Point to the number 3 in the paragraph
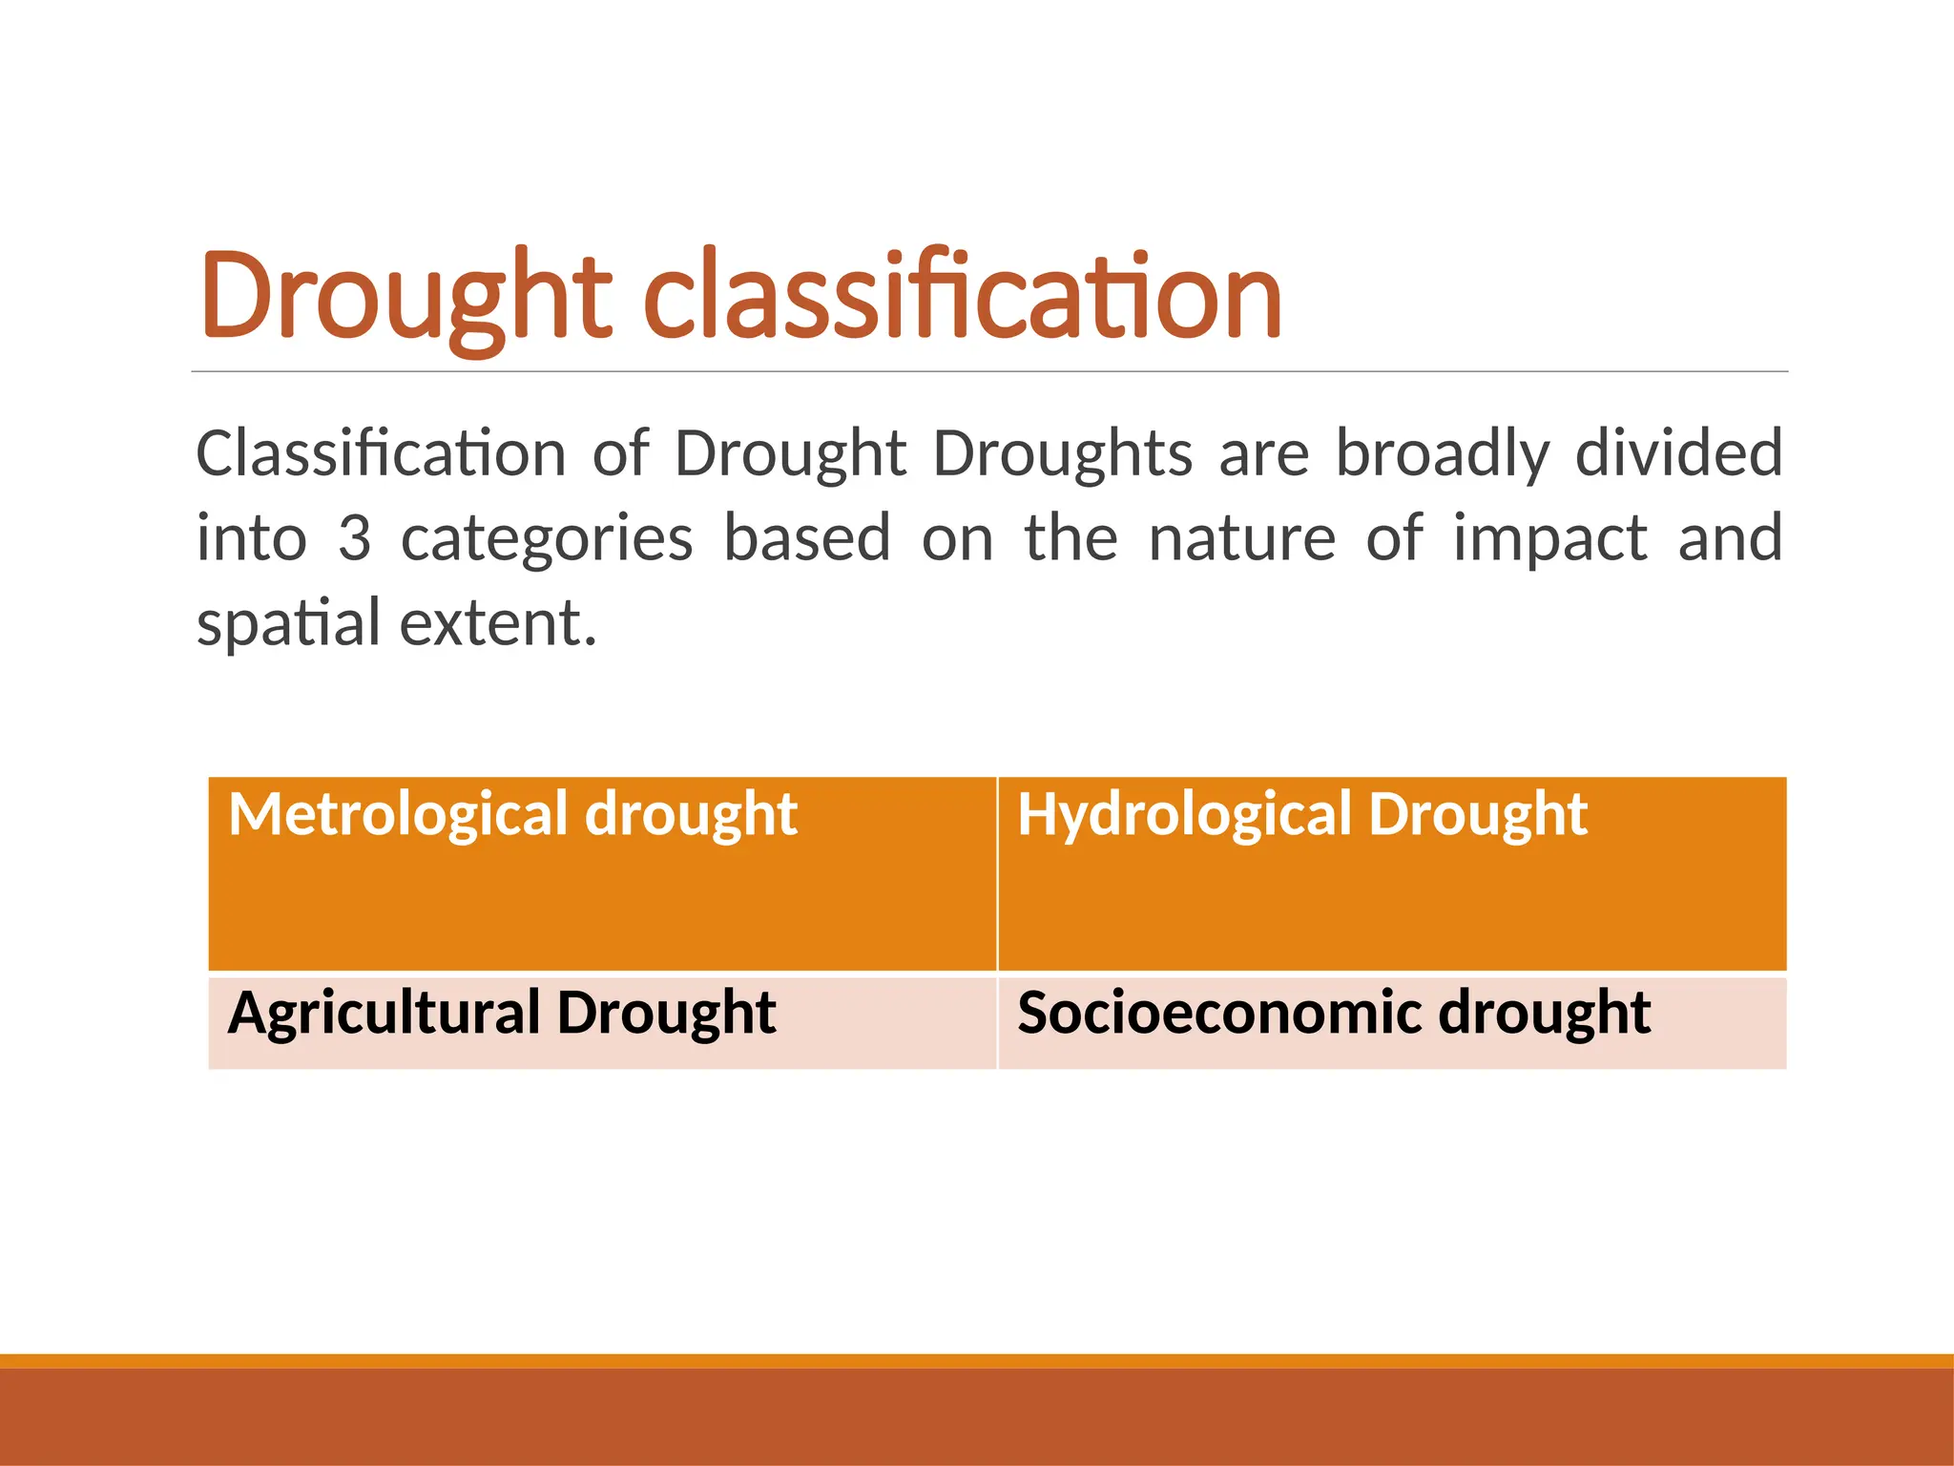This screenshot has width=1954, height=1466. [354, 537]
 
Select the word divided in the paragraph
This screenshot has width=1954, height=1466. [1678, 453]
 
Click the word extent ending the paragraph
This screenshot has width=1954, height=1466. [497, 623]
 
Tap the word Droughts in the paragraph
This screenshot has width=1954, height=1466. [1062, 453]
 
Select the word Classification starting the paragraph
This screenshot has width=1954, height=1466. [381, 453]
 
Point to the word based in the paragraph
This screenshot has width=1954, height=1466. [807, 537]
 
